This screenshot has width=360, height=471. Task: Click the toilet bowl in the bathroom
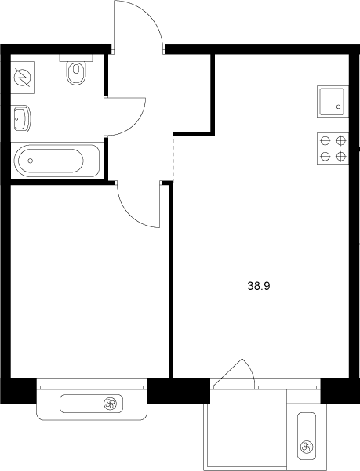pos(76,74)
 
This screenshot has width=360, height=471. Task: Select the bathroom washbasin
pos(21,119)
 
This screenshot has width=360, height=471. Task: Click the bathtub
pos(49,161)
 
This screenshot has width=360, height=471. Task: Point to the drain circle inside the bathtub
pos(31,161)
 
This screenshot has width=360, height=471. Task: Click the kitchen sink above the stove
pos(333,100)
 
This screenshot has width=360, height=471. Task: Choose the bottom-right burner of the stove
pos(340,155)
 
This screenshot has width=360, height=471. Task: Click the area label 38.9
pos(259,287)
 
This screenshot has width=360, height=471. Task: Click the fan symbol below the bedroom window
pos(111,404)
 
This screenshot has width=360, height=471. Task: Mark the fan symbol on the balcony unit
pos(306,448)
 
